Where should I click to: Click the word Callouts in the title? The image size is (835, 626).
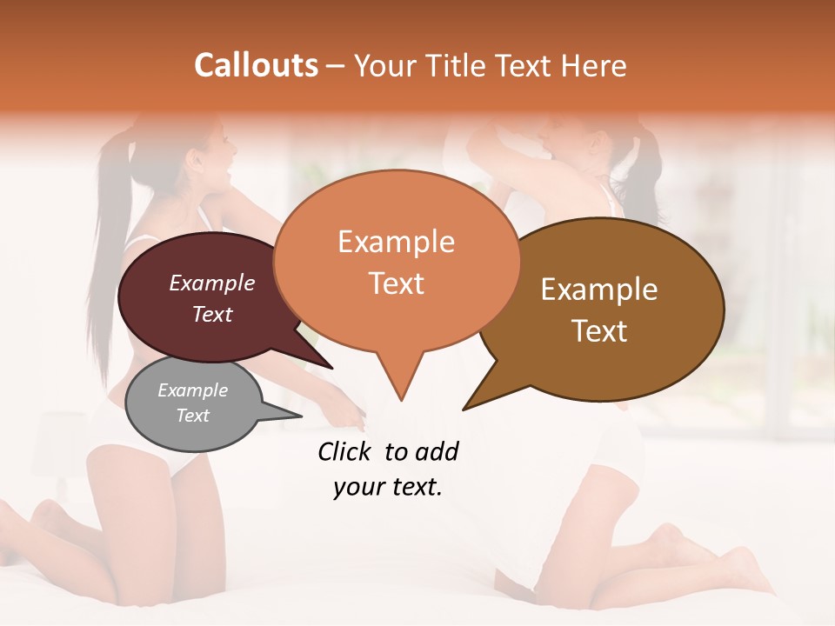256,65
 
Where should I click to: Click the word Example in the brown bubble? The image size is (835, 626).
599,290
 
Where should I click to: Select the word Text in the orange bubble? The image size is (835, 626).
397,283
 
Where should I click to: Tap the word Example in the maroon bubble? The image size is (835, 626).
212,283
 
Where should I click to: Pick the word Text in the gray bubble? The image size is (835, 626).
193,416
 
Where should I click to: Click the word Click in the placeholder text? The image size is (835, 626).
345,451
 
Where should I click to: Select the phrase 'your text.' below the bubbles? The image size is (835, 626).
388,488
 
